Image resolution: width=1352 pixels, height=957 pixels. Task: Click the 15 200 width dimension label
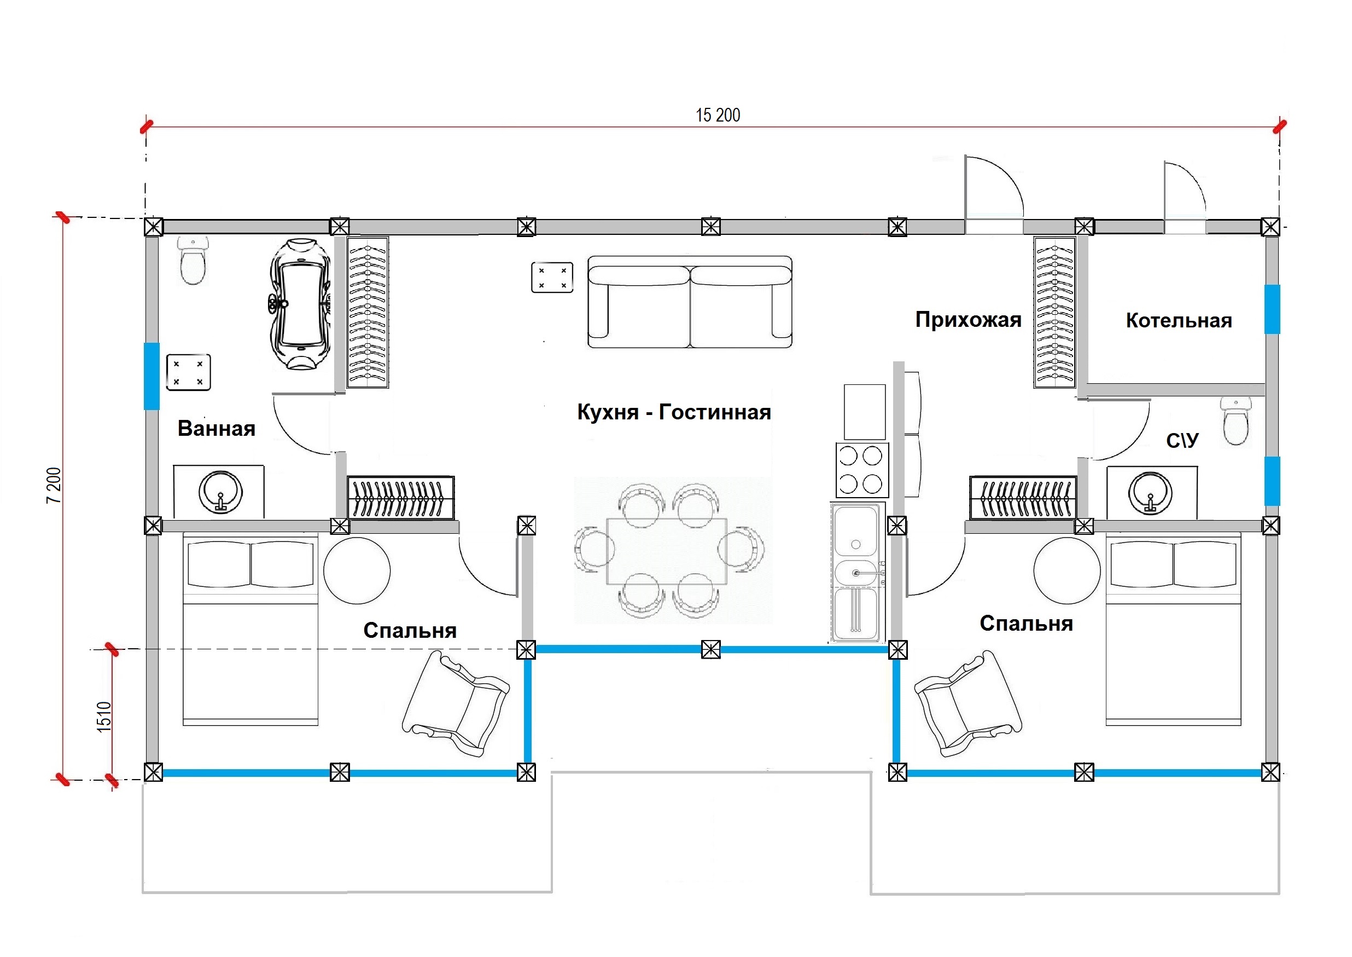[718, 115]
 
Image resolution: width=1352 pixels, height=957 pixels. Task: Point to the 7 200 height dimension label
[54, 485]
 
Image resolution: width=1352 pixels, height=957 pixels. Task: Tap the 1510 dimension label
[104, 717]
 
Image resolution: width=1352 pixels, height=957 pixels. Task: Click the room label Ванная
[217, 429]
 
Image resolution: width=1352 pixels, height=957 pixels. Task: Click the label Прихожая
[968, 319]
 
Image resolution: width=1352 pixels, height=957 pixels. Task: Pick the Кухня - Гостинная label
[674, 412]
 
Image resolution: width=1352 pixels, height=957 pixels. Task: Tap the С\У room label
[1182, 440]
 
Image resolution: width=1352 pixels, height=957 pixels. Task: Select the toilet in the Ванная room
[193, 260]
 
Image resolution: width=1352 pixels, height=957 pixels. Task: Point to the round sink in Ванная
[220, 491]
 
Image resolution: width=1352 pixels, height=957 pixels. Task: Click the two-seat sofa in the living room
[690, 302]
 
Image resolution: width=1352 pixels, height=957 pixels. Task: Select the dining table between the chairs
[667, 551]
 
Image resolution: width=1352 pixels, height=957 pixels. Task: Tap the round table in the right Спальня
[1067, 570]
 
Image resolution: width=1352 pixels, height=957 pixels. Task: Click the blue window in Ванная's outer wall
[152, 376]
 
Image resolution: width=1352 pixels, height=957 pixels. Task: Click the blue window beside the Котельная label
[1272, 309]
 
